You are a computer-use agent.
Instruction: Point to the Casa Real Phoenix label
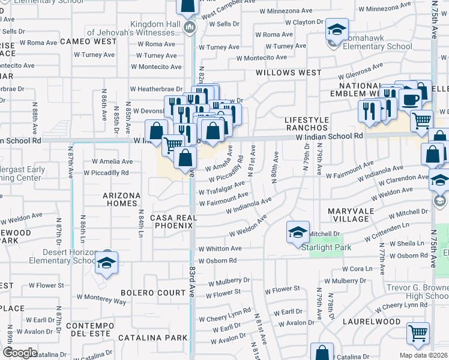pyautogui.click(x=172, y=221)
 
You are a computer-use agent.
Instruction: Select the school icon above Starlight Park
pyautogui.click(x=298, y=232)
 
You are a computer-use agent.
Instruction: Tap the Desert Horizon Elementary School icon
pyautogui.click(x=107, y=263)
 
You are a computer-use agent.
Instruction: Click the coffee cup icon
pyautogui.click(x=411, y=99)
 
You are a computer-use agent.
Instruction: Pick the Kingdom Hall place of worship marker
pyautogui.click(x=190, y=26)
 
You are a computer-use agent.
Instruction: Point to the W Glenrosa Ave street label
pyautogui.click(x=360, y=71)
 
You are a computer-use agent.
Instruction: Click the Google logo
pyautogui.click(x=19, y=352)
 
